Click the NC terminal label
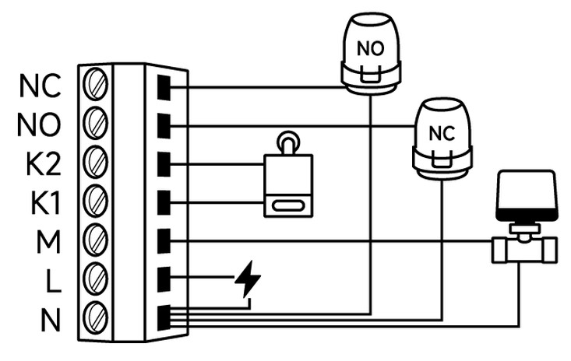39,86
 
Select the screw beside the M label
95,239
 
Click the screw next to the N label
95,316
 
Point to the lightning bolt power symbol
248,280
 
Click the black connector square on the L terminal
164,278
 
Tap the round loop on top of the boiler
288,141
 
